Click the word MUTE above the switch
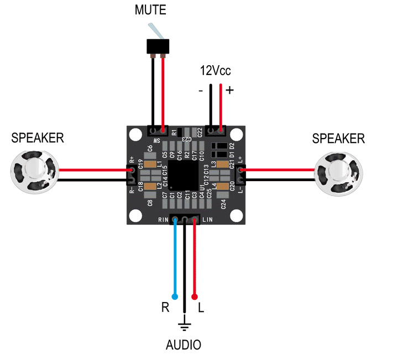coord(150,10)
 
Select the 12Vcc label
coord(215,71)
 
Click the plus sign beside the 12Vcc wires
coord(229,90)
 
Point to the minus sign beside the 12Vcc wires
coord(201,90)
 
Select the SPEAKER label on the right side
coord(338,139)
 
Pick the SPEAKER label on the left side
coord(38,138)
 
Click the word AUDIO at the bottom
coord(184,346)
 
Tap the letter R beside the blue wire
coord(165,308)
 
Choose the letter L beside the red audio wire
coord(201,308)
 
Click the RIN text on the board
coord(163,220)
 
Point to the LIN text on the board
coord(207,220)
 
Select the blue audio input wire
coord(175,260)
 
